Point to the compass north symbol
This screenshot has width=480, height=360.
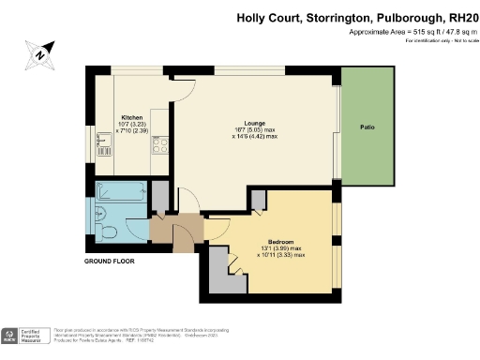pyautogui.click(x=39, y=53)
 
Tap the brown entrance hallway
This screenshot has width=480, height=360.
pyautogui.click(x=174, y=229)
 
